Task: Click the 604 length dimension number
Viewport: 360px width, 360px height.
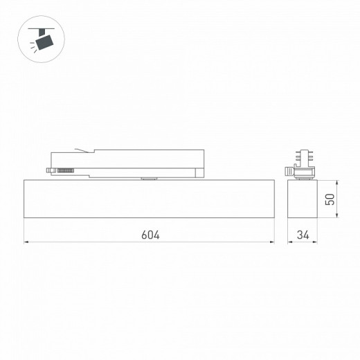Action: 150,235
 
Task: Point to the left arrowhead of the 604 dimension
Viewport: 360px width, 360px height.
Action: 27,243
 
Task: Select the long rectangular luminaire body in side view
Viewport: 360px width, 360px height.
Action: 150,199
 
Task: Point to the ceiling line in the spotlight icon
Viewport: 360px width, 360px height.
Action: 43,27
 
